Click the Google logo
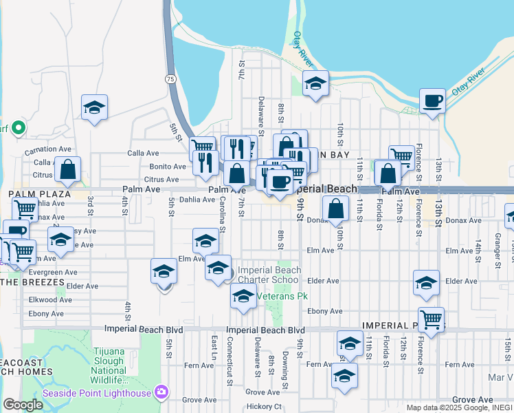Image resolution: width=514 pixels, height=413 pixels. click(x=22, y=405)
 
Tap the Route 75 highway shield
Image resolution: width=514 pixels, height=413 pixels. click(x=170, y=80)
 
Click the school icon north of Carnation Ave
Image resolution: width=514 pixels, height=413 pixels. click(x=94, y=107)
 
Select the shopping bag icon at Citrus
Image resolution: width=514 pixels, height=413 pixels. click(x=68, y=169)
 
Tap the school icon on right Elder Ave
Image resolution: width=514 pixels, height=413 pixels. click(x=426, y=283)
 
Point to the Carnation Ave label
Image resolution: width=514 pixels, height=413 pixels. click(x=47, y=149)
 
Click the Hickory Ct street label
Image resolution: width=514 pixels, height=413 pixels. click(x=265, y=407)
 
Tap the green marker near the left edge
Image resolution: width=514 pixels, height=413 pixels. click(x=19, y=127)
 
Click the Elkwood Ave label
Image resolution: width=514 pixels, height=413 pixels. click(x=46, y=299)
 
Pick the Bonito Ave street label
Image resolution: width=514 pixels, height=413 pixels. click(x=168, y=167)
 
